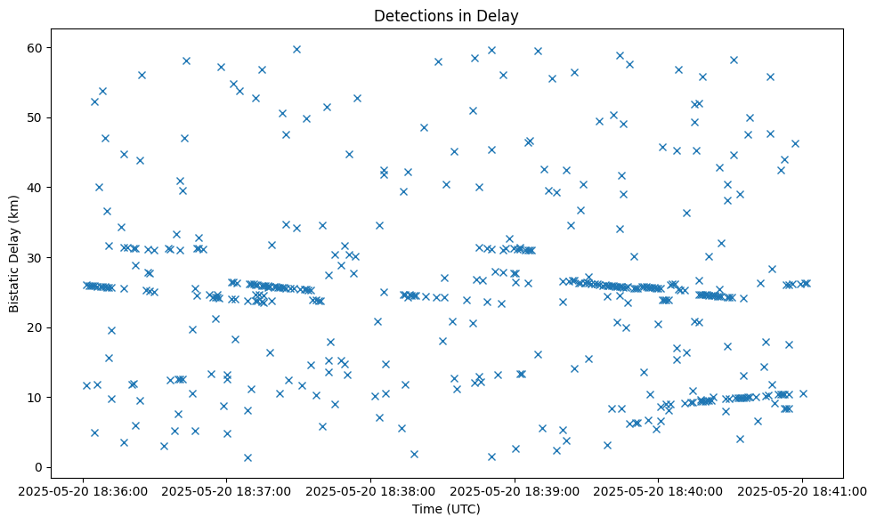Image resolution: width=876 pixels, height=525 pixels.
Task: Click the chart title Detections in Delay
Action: click(446, 16)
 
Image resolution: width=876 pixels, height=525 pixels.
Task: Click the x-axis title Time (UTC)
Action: click(446, 509)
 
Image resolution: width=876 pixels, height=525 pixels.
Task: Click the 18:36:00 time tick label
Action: click(83, 489)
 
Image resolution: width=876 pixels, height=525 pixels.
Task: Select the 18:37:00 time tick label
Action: click(227, 489)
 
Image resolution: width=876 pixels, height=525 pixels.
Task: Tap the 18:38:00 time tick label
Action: click(370, 489)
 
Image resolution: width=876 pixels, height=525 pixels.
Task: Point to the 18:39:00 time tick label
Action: click(515, 489)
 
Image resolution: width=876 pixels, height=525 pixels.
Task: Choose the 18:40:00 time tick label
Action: click(659, 489)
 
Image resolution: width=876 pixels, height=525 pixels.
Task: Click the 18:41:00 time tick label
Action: click(802, 489)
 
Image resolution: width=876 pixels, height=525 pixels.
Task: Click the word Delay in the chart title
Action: click(501, 16)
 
